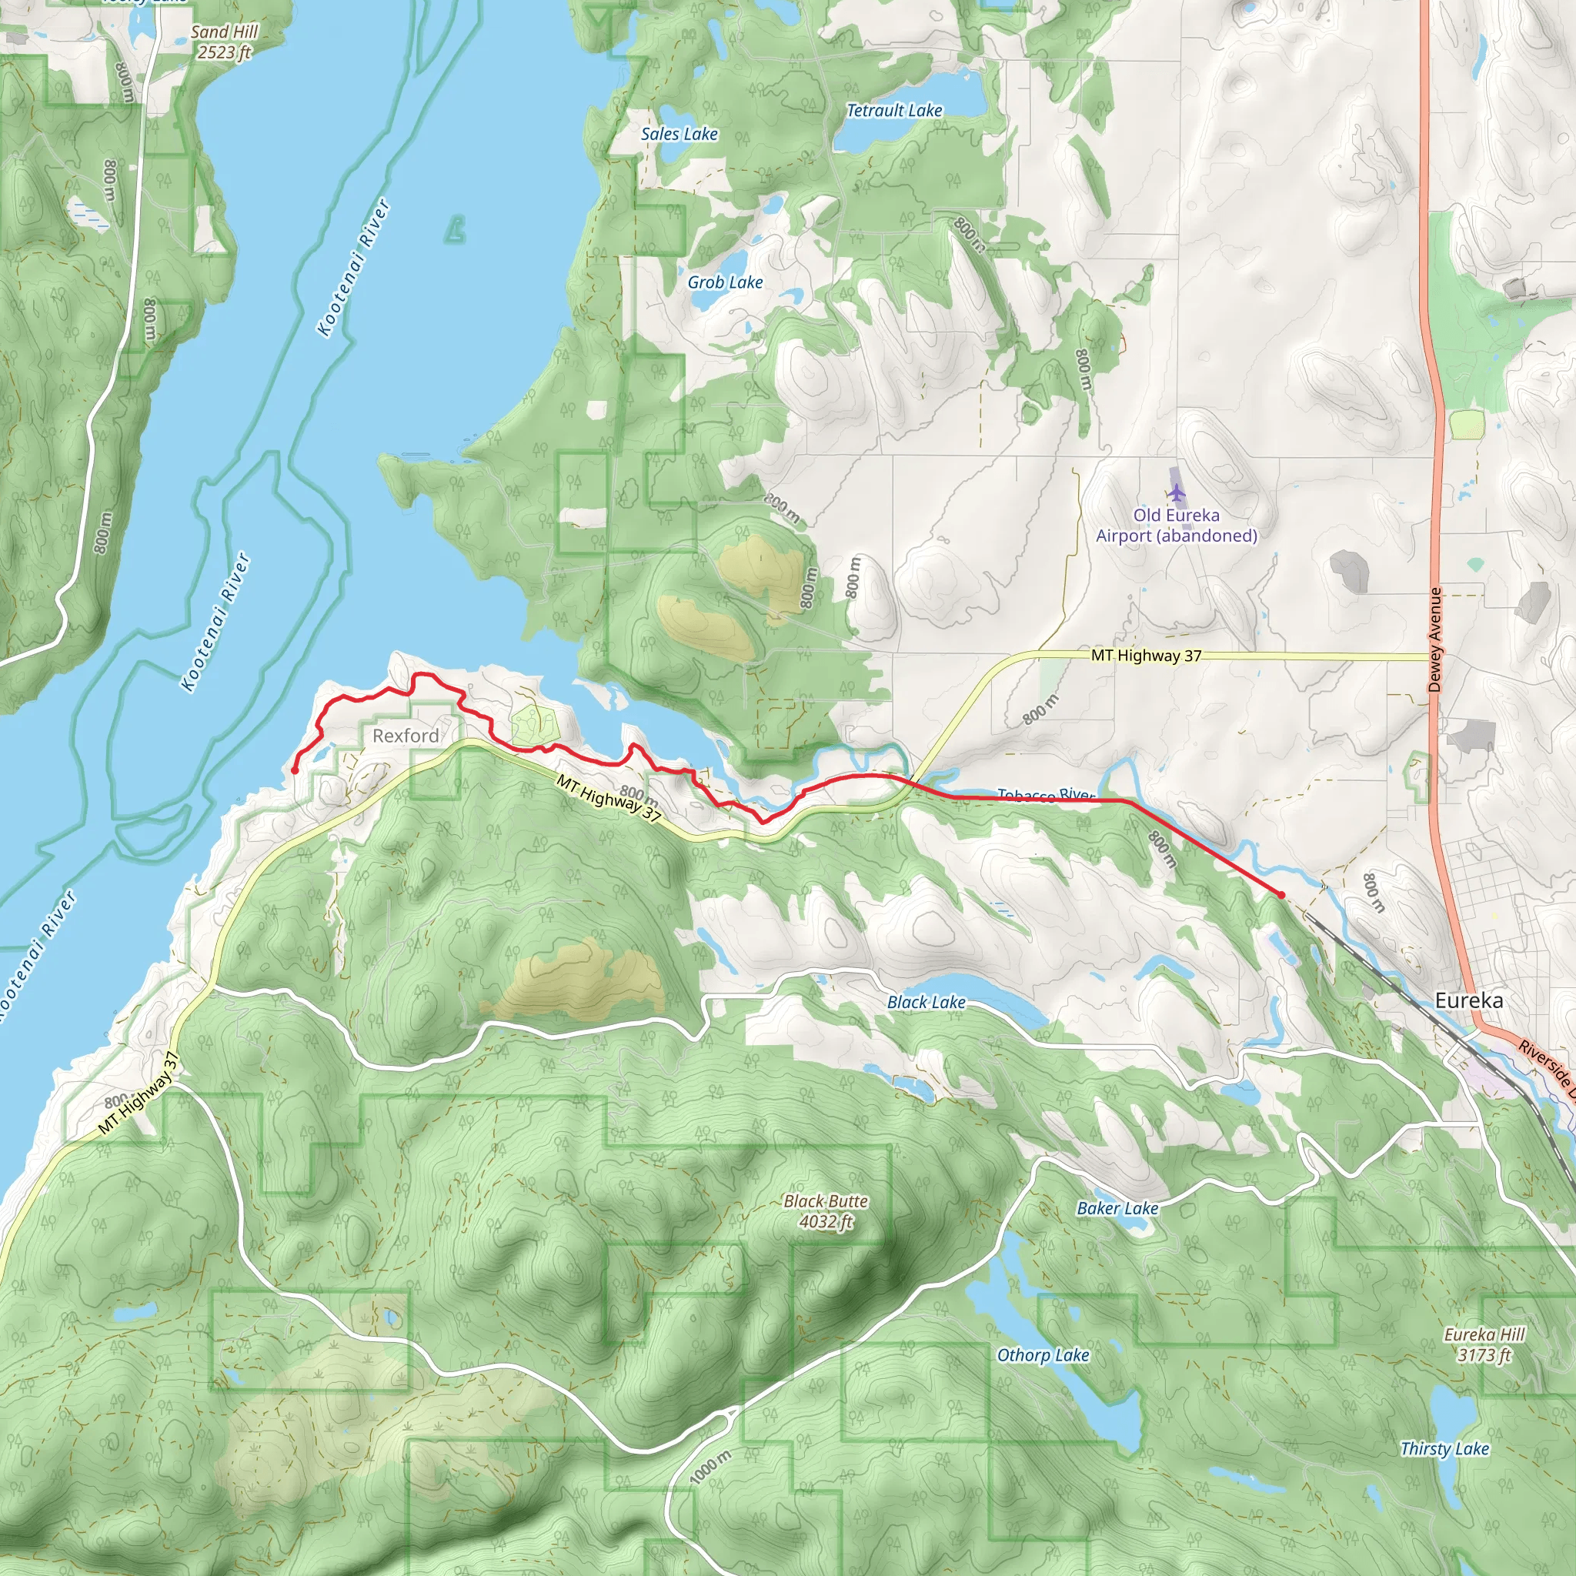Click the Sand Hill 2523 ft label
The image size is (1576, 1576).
[x=225, y=42]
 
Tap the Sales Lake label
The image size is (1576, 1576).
[x=679, y=134]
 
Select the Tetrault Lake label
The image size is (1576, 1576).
[x=894, y=110]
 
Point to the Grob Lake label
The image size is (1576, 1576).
[x=724, y=282]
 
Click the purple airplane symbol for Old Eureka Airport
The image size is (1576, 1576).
[x=1176, y=492]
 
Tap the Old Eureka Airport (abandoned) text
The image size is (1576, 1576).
[x=1176, y=526]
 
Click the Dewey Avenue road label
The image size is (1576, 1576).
[x=1435, y=639]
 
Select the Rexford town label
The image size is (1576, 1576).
[x=406, y=736]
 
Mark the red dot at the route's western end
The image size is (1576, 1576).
[x=295, y=770]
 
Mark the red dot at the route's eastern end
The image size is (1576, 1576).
[x=1281, y=895]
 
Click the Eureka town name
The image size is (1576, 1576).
[x=1468, y=1000]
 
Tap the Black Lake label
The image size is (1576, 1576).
[x=926, y=1002]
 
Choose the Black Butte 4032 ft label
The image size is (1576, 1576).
[x=826, y=1211]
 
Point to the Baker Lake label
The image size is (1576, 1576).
[x=1117, y=1208]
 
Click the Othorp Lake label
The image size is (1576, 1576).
[x=1043, y=1355]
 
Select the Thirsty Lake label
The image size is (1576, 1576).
[x=1444, y=1449]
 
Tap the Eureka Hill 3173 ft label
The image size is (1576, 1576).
[x=1484, y=1344]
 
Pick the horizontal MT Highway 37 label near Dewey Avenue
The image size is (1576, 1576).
[x=1146, y=655]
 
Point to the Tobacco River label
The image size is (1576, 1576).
[x=1046, y=793]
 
